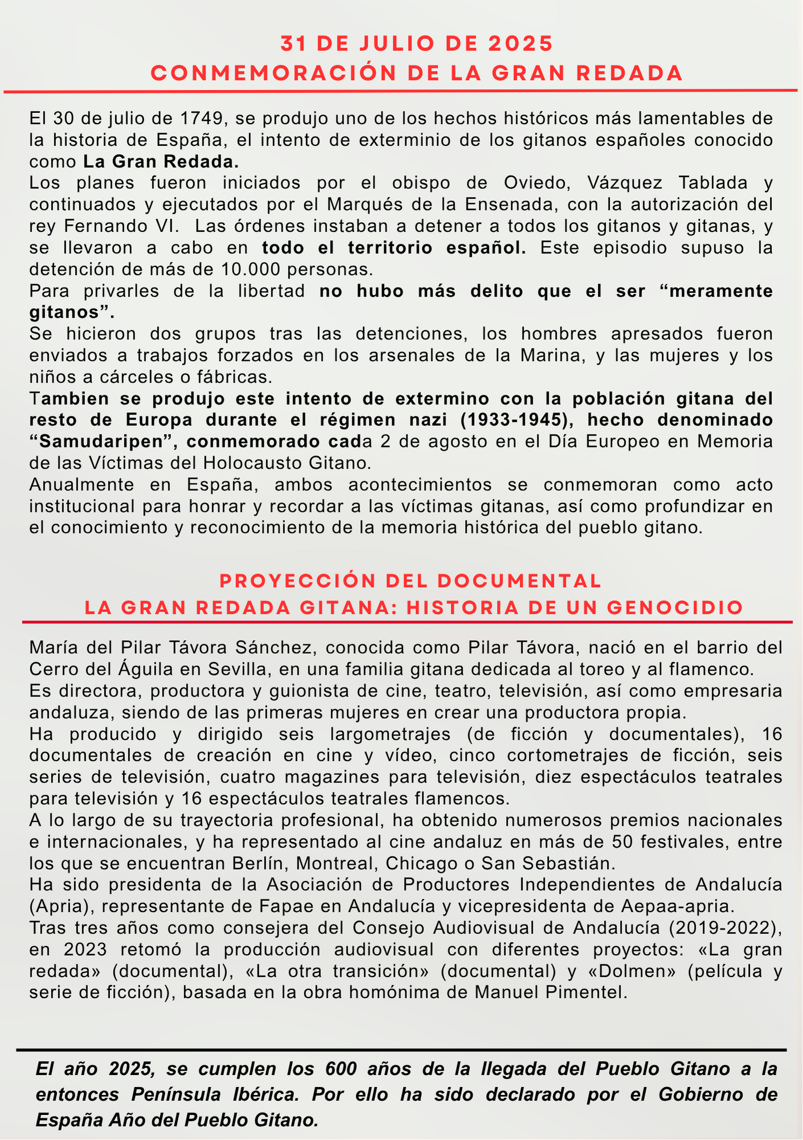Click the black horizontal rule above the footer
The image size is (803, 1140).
point(401,1049)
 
